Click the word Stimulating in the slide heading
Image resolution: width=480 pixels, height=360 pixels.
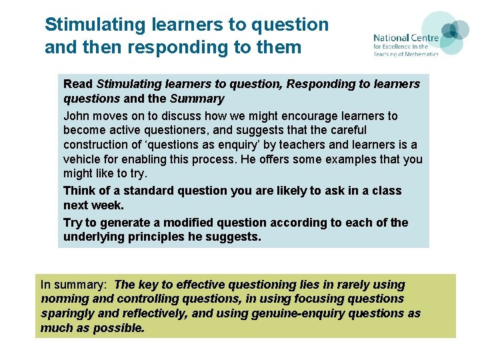coord(95,25)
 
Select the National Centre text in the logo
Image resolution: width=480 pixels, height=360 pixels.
coord(405,38)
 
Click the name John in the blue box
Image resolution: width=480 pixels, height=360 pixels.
coord(77,116)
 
